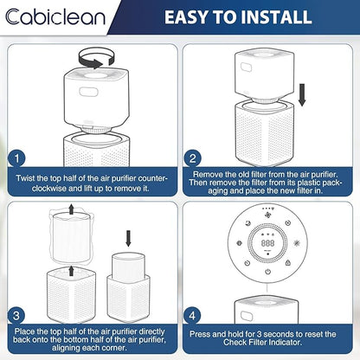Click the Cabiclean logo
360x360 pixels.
55,16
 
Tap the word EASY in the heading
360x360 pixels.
187,17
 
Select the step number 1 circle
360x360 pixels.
16,158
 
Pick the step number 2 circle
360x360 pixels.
192,158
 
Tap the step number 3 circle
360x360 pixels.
16,316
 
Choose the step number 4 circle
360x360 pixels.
192,316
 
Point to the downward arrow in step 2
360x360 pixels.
302,94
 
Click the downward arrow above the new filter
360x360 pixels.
128,239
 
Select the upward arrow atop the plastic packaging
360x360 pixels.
71,209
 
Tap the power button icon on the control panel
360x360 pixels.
267,272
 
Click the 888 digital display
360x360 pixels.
267,243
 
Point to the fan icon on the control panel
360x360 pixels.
267,215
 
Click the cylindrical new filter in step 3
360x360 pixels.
128,267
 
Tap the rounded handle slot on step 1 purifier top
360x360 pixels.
89,92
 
